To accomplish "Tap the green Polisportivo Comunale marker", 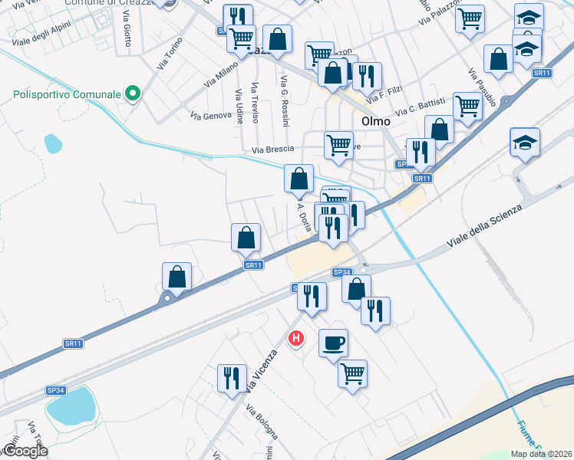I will (133, 94).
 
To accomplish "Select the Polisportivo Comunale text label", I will (68, 94).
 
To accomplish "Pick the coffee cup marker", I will (333, 343).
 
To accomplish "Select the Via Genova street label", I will (211, 115).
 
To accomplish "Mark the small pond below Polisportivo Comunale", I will (52, 143).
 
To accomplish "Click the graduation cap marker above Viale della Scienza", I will (525, 143).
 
